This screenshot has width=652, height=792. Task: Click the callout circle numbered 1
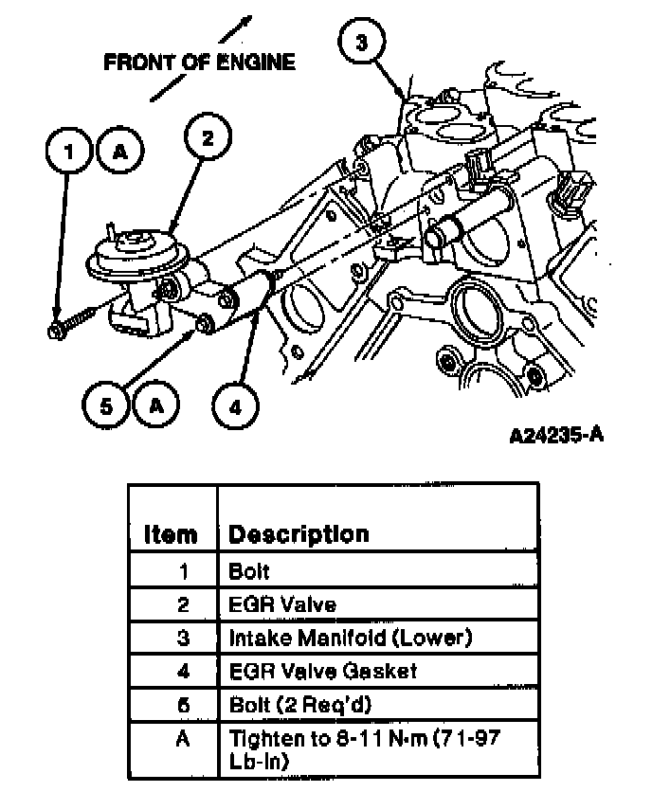tap(66, 151)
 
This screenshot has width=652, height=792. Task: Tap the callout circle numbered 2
tap(208, 138)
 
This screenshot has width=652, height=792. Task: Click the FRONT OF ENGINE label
tap(199, 63)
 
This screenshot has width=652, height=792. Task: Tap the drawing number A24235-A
tap(556, 436)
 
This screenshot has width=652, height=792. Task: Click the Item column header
tap(171, 534)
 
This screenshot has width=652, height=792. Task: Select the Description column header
tap(299, 534)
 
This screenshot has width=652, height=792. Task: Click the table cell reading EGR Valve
tap(282, 603)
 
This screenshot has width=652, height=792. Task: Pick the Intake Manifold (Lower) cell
tap(350, 638)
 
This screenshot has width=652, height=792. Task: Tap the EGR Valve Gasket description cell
tap(323, 672)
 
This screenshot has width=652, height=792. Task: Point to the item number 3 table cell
tap(183, 638)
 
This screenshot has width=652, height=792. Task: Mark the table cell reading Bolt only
tap(249, 571)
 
